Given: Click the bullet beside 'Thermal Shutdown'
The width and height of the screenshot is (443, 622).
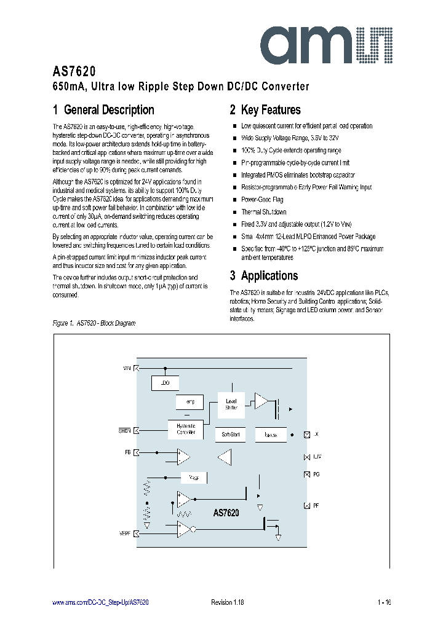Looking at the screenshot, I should (234, 212).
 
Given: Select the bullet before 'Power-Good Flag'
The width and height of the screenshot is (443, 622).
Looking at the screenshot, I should (234, 200).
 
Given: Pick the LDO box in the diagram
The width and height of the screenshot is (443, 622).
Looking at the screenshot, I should (165, 383).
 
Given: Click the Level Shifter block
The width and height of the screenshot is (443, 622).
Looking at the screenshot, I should (231, 404).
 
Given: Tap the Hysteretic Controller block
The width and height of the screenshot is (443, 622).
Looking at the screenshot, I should (185, 429).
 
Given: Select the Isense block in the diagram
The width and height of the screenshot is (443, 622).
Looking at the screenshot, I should (271, 435).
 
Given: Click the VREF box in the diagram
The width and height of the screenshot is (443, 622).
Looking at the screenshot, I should (194, 478).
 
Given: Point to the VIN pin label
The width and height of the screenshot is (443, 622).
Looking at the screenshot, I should (127, 368).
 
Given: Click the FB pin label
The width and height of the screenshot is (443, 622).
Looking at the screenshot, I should (127, 452).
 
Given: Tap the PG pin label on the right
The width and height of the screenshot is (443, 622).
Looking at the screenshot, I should (316, 474).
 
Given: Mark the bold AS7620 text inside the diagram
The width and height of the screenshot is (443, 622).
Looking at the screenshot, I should (226, 512).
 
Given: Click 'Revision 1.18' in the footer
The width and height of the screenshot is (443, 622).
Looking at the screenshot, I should (228, 602).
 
